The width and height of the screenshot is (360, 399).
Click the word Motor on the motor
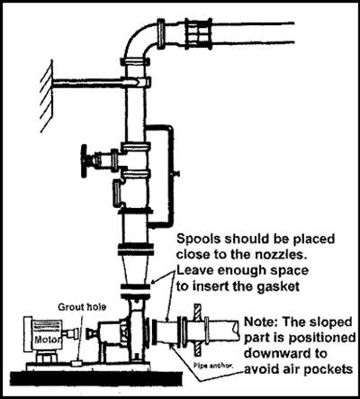coord(48,340)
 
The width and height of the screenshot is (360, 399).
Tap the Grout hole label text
coord(82,307)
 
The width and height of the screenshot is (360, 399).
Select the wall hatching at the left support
coord(47,95)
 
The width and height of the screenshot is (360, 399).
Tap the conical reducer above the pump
coord(135,269)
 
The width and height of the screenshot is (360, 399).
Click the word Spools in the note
coord(197,240)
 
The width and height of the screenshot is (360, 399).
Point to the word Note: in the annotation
coord(261,322)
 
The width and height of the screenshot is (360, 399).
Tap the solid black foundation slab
coord(95,377)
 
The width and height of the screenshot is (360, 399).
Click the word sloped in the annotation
coord(330,322)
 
